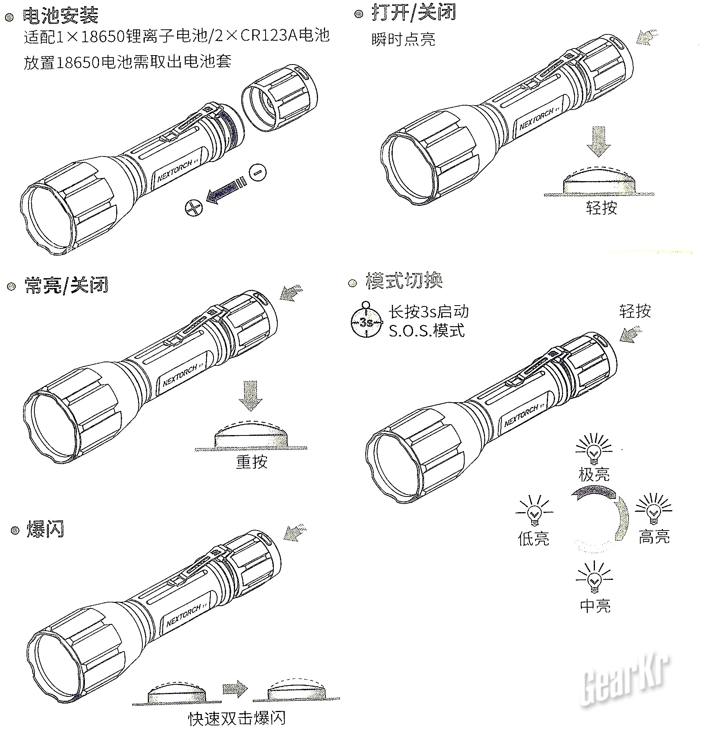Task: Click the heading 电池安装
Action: [x=61, y=16]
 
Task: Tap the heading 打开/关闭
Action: [x=414, y=13]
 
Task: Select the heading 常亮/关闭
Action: [x=66, y=285]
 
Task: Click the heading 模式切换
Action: [x=404, y=281]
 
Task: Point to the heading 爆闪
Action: [x=45, y=530]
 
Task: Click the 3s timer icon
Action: [x=366, y=322]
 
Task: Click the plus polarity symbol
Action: [x=194, y=207]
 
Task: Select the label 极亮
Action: [x=594, y=474]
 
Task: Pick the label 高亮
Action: [x=654, y=536]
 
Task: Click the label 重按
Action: [x=252, y=462]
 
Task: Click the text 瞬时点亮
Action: [x=403, y=39]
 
